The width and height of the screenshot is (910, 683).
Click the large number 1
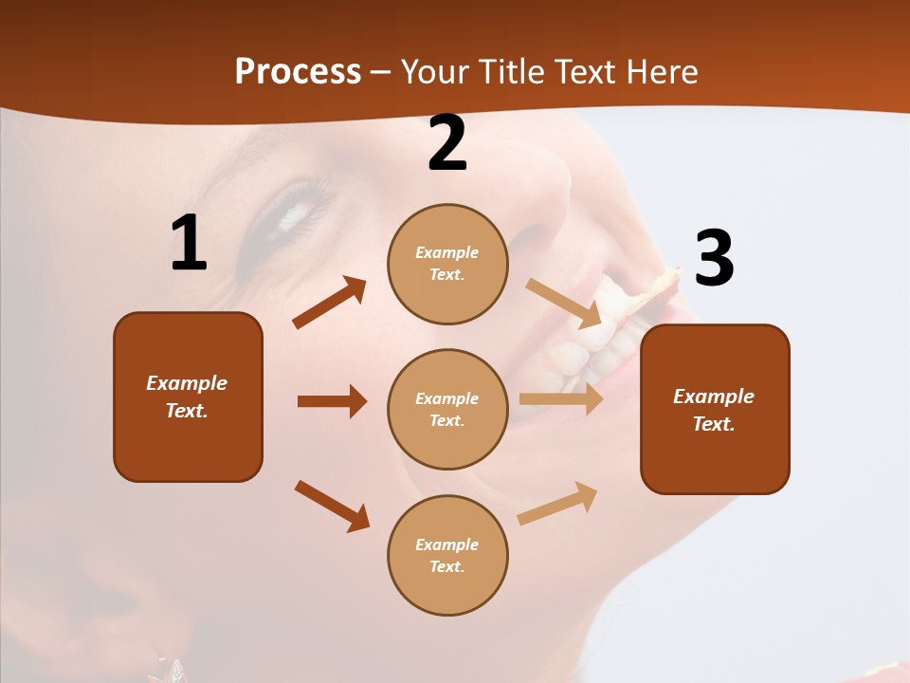pyautogui.click(x=189, y=244)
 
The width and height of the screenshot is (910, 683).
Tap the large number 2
pyautogui.click(x=447, y=143)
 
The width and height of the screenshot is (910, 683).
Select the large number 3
pyautogui.click(x=715, y=258)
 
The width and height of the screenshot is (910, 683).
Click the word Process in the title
pyautogui.click(x=298, y=71)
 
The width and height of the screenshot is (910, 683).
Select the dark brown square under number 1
pyautogui.click(x=188, y=397)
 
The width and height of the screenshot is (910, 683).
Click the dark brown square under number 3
pyautogui.click(x=715, y=409)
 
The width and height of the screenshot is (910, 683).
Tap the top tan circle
pyautogui.click(x=447, y=264)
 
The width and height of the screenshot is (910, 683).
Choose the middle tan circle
pyautogui.click(x=447, y=409)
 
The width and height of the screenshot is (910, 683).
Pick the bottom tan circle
pyautogui.click(x=447, y=555)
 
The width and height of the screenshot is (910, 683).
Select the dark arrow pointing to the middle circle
pyautogui.click(x=332, y=401)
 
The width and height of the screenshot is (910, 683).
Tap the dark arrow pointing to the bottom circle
pyautogui.click(x=332, y=506)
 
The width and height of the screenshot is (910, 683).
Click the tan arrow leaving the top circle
pyautogui.click(x=565, y=303)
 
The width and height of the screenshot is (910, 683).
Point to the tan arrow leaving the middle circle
pyautogui.click(x=561, y=399)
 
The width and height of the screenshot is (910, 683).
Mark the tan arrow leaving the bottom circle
pyautogui.click(x=558, y=503)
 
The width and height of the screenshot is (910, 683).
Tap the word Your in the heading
pyautogui.click(x=434, y=71)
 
